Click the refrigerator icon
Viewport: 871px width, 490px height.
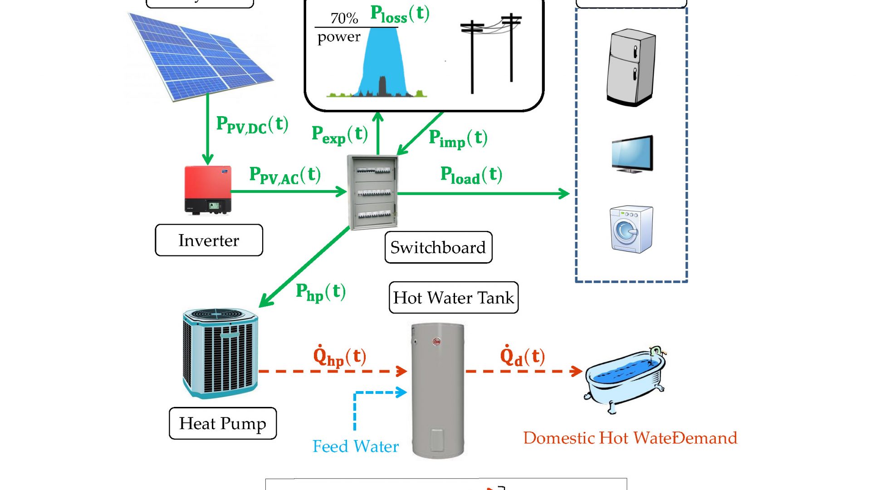(x=631, y=67)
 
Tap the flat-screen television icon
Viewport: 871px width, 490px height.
(x=632, y=153)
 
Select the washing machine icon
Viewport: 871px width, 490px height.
(x=631, y=229)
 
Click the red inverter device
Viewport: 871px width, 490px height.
(x=208, y=190)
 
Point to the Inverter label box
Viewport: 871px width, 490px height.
(x=209, y=240)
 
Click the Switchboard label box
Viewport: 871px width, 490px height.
(x=438, y=247)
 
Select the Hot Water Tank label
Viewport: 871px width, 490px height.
(x=453, y=298)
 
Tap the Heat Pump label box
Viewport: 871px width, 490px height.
(x=222, y=423)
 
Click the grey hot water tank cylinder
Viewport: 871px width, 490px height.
(x=438, y=390)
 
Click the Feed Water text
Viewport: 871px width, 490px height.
(x=355, y=446)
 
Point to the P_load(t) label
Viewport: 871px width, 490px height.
(x=471, y=175)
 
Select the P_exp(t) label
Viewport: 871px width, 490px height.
(x=339, y=135)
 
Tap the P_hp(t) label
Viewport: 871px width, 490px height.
(x=320, y=292)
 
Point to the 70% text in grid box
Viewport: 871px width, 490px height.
(x=344, y=18)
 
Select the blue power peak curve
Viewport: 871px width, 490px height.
(x=381, y=59)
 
